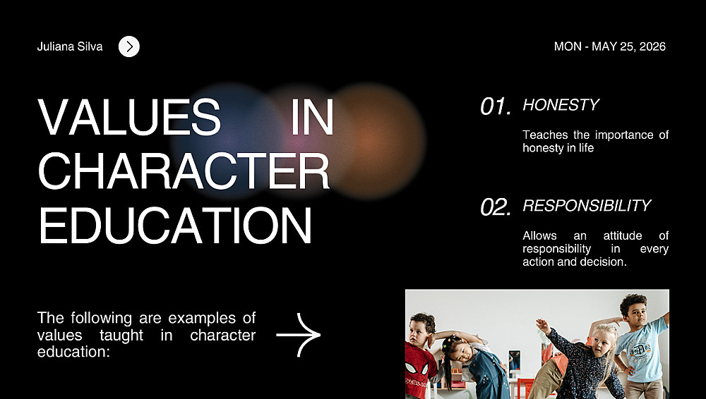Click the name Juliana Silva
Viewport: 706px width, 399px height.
[x=70, y=47]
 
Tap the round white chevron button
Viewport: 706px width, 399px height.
[x=129, y=47]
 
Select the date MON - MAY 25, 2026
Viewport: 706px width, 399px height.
[x=610, y=47]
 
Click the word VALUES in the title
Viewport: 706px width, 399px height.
[x=129, y=116]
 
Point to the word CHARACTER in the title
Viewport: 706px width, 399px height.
[x=184, y=171]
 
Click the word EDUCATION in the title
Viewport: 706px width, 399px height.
[x=175, y=226]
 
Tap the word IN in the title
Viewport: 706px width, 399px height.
[x=312, y=116]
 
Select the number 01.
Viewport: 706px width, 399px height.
[x=496, y=106]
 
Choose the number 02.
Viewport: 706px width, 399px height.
[x=496, y=207]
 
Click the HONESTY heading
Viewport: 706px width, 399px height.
[x=561, y=105]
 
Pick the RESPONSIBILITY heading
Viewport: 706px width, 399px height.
[x=587, y=206]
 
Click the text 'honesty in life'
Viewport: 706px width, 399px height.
[x=558, y=148]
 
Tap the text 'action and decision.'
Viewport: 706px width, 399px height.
[x=575, y=262]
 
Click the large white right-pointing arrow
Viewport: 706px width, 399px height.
[x=298, y=335]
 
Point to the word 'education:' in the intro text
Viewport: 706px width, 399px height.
[x=73, y=352]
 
